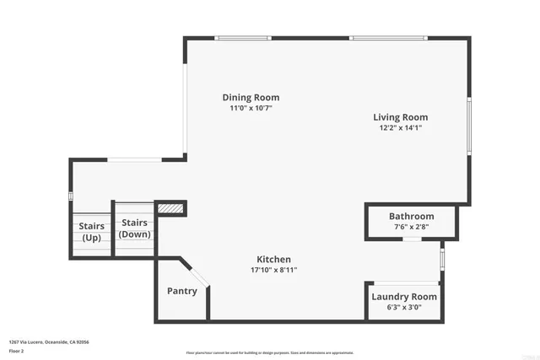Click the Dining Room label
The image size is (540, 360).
[251, 98]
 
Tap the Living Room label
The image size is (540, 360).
[401, 117]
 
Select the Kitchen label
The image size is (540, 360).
[274, 259]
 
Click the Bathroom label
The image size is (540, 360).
[412, 217]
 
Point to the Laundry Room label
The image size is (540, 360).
[404, 297]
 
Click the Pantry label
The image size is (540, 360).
[182, 292]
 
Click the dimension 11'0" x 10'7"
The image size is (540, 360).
[251, 109]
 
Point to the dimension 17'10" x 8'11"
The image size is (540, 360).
[274, 270]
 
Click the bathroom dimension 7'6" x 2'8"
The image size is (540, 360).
[412, 227]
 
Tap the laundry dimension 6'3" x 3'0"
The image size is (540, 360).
[404, 307]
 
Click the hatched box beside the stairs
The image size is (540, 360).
[170, 207]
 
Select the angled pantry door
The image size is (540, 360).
[197, 279]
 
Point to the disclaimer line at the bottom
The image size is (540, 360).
[270, 353]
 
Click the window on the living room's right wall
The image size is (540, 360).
[469, 125]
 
